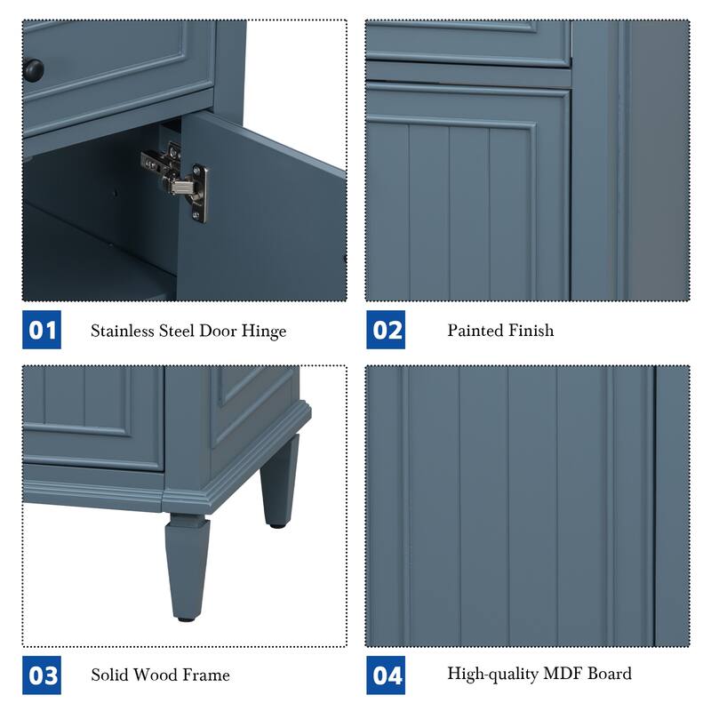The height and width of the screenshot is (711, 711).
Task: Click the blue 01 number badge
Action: click(42, 331)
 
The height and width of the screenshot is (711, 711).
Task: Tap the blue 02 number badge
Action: click(387, 331)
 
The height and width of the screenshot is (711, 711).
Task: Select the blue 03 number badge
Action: click(42, 675)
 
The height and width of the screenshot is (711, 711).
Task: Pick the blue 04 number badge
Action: click(387, 675)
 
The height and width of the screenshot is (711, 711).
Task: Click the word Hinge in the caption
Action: click(265, 332)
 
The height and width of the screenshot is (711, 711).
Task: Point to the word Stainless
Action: click(122, 331)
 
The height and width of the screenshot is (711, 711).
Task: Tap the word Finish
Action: click(532, 330)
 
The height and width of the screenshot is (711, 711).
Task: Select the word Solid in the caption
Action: click(110, 675)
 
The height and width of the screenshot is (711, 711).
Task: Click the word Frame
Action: click(206, 675)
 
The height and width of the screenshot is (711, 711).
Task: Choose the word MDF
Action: click(559, 673)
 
